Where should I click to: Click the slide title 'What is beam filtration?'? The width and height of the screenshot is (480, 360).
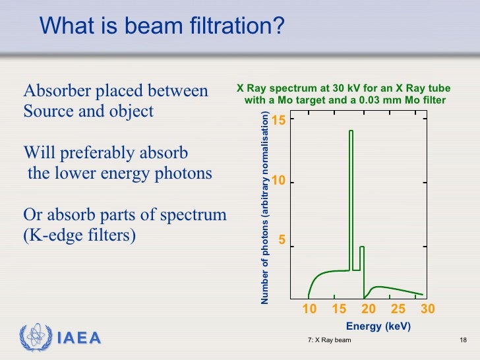162,26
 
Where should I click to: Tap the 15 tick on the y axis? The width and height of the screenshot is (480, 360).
278,121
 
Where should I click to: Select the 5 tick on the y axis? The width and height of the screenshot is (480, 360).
282,241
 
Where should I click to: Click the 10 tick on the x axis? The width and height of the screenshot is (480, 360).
309,309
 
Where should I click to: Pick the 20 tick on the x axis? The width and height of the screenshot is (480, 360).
369,309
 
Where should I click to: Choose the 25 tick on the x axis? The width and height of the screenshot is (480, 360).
398,309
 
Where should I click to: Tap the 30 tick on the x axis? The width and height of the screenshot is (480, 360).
427,309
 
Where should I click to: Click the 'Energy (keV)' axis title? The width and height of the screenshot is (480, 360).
378,326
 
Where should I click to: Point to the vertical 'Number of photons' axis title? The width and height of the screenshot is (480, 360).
265,208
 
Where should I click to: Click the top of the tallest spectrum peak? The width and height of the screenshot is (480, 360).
351,131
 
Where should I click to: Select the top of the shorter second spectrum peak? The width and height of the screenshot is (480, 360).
361,247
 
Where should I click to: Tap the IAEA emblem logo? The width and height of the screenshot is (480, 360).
34,338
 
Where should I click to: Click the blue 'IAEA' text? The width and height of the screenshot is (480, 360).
78,339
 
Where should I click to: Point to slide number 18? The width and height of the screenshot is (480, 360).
462,340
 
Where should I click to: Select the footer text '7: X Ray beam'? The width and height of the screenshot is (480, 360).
329,340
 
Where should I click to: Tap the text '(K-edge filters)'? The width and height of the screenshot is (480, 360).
79,235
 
